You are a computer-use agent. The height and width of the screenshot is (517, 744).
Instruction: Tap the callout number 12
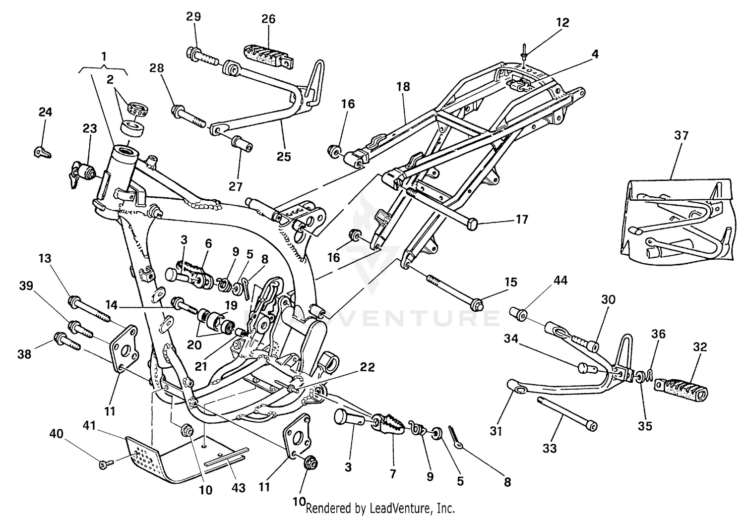(x=562, y=23)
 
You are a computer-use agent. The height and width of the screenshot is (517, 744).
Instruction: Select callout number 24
(x=45, y=112)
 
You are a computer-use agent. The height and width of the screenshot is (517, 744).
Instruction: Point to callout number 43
(x=239, y=488)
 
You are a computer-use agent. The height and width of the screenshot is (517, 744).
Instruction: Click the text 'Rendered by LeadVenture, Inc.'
(x=380, y=508)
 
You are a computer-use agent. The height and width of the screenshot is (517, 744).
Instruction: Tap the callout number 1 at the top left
(x=104, y=57)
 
